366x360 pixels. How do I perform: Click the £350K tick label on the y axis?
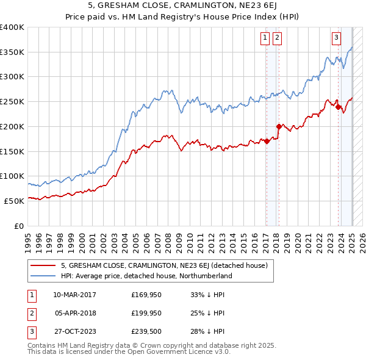tap(12, 52)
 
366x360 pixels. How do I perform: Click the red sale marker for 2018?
tap(279, 127)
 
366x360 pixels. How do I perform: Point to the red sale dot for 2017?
tap(267, 142)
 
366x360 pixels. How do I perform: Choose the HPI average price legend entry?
tap(146, 276)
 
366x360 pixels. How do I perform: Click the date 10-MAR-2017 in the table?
tap(74, 295)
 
